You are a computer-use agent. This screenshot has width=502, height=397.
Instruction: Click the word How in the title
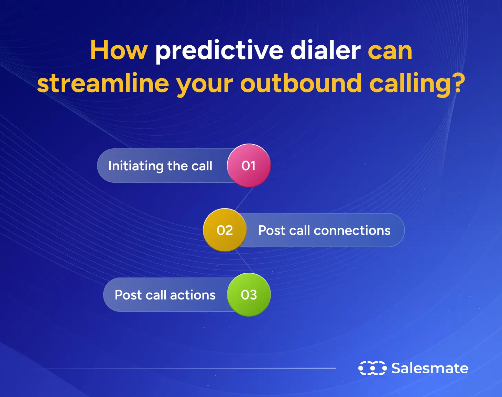pos(119,51)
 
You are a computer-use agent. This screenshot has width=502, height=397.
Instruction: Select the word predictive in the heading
pos(219,51)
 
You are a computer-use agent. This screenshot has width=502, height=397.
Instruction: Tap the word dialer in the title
pos(325,51)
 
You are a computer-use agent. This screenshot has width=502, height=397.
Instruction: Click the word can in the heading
pos(390,51)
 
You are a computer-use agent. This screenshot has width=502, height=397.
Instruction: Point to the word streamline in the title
pos(103,83)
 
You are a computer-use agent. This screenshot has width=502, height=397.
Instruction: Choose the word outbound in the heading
pos(301,83)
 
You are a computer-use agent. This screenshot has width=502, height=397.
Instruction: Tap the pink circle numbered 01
pos(249,166)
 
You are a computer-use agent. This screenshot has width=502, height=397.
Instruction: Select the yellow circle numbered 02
pos(225,230)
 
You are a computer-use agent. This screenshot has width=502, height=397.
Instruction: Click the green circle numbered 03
pos(249,295)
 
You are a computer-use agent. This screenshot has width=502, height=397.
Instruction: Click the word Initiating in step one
pos(135,166)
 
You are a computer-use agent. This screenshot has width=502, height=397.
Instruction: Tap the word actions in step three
pos(193,295)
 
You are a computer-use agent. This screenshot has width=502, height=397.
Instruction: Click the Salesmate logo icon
pos(372,368)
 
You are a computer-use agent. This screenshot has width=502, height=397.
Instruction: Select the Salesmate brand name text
pos(430,368)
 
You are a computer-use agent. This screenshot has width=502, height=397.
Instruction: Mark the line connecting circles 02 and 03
pos(244,262)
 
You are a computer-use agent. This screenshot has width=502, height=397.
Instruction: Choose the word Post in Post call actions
pos(128,295)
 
